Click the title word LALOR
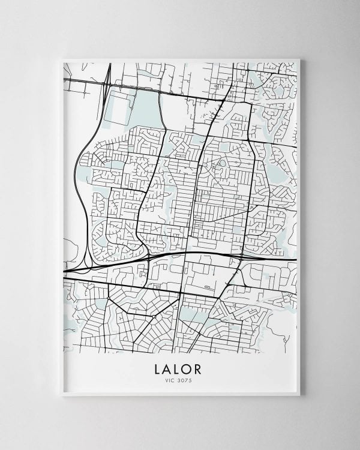(181, 368)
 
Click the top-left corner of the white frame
(62, 59)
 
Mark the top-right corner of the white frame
(299, 59)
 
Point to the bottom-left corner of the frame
(62, 395)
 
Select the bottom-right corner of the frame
(299, 395)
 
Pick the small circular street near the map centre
(222, 163)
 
